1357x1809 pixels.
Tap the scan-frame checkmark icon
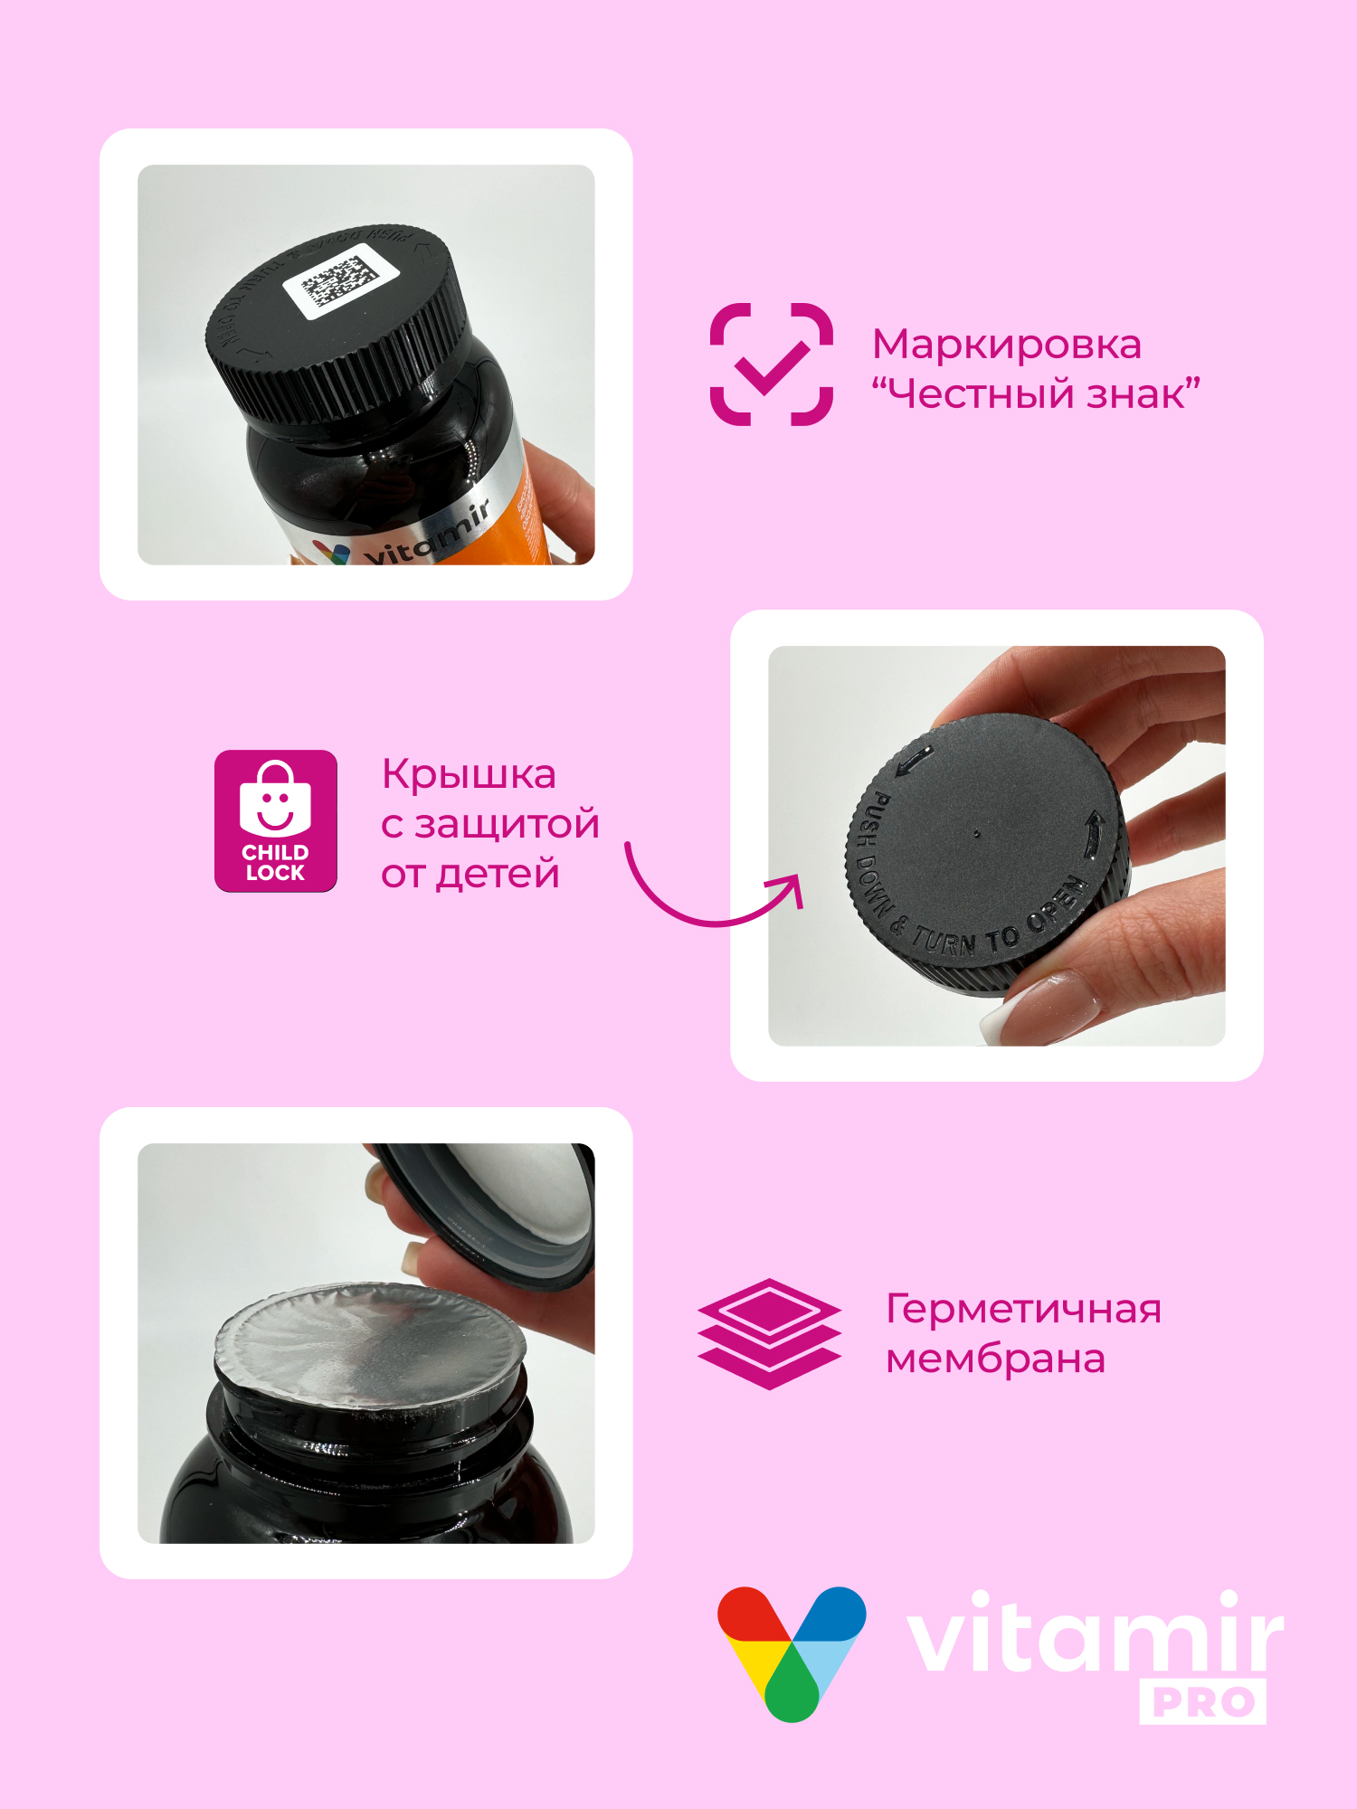click(771, 365)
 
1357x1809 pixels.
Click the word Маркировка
click(1006, 345)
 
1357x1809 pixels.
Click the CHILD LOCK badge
click(276, 820)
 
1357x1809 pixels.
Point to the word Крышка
click(469, 774)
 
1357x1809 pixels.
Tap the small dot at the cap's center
click(976, 834)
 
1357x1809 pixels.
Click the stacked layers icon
click(769, 1333)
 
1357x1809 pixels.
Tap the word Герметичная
click(1023, 1309)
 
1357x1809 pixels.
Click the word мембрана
click(995, 1359)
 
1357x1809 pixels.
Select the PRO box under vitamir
click(1202, 1702)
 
